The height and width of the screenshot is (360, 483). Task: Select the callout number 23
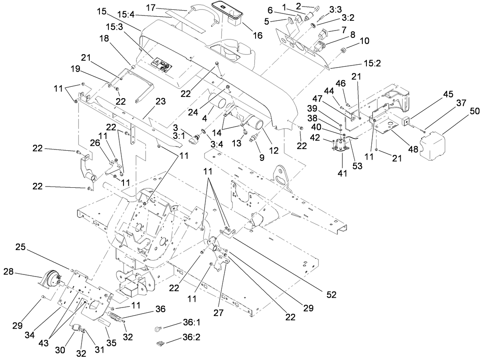pyautogui.click(x=161, y=102)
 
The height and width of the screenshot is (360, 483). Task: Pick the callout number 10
pyautogui.click(x=364, y=41)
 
